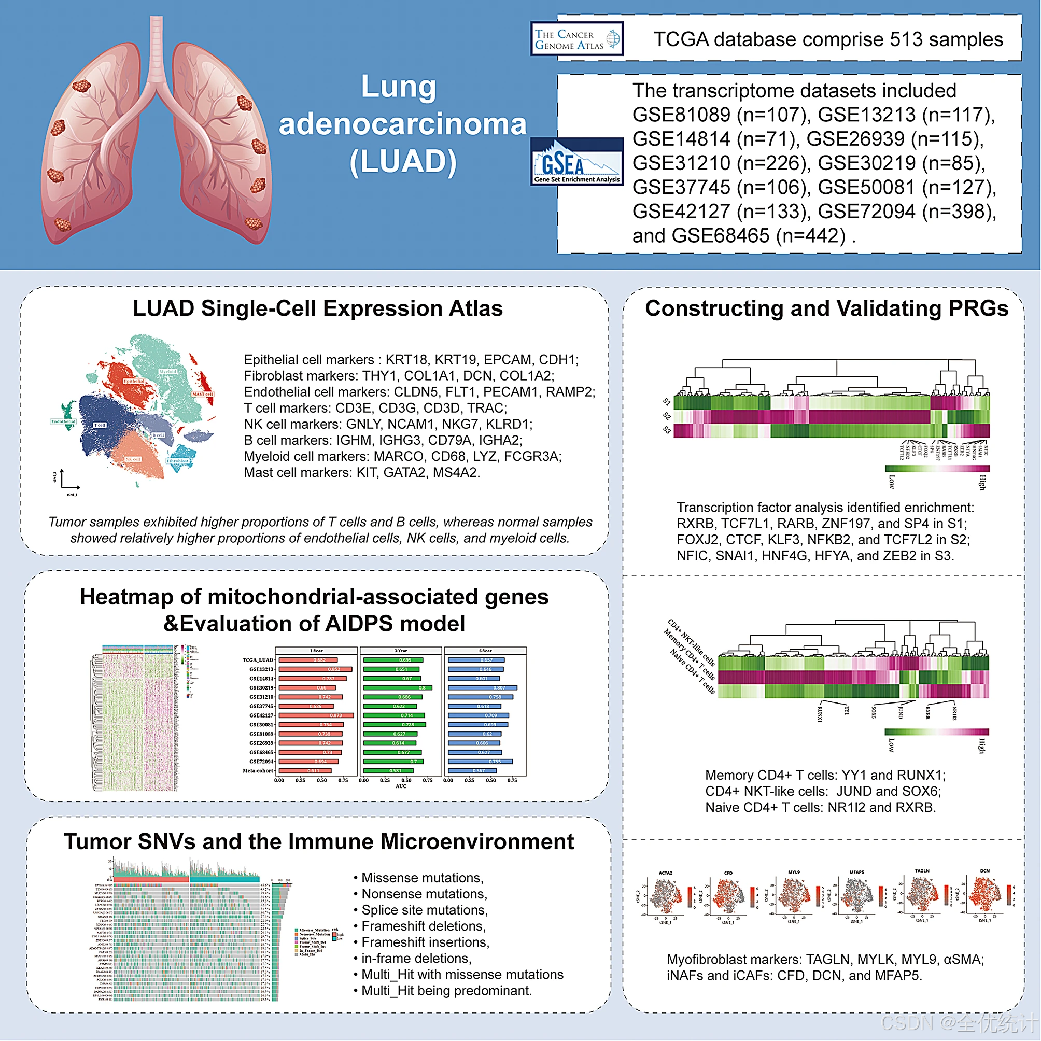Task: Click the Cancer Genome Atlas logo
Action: pos(576,39)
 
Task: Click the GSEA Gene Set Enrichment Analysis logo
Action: pos(576,162)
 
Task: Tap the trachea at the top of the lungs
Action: pos(156,49)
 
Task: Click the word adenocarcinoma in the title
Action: pos(402,125)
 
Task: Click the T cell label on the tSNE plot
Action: pos(100,425)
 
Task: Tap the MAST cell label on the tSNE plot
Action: pos(202,394)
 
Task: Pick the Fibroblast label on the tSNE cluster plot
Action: pos(178,461)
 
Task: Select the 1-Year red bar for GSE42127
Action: pos(316,715)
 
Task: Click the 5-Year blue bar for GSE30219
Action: pos(483,687)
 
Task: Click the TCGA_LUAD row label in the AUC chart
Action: pos(258,660)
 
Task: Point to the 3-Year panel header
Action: pos(400,650)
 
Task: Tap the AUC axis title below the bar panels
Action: pos(401,786)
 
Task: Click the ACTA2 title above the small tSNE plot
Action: pos(666,873)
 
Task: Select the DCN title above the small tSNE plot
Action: pos(985,871)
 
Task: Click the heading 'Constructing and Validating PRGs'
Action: pos(826,309)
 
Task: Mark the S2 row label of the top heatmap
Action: pos(667,416)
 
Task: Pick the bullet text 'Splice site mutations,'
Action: pos(425,910)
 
